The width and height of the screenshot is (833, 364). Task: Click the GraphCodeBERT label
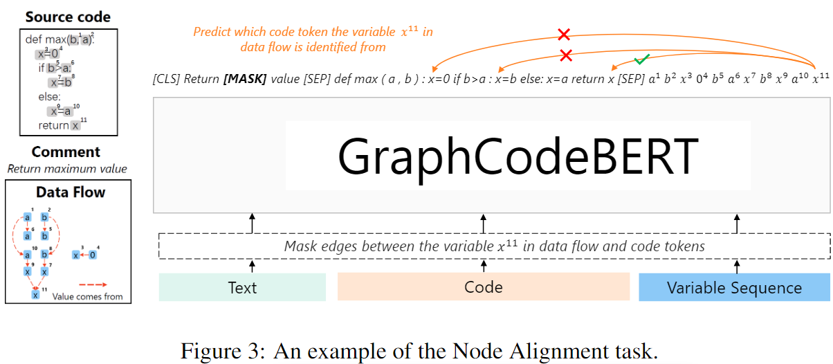[x=518, y=156]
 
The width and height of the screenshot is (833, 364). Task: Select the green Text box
[x=242, y=287]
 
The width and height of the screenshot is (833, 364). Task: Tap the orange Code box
[x=484, y=287]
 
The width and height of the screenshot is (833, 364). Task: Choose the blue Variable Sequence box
[x=734, y=287]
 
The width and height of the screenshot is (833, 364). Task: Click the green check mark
[x=643, y=60]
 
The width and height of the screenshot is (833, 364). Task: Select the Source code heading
[x=68, y=17]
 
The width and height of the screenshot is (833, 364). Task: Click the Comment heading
[x=66, y=152]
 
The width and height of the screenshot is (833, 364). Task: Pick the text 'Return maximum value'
[x=67, y=168]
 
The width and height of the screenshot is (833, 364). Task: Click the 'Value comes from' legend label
[x=88, y=296]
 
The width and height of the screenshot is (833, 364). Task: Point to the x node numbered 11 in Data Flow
[x=35, y=295]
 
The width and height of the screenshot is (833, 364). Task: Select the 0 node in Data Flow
[x=93, y=255]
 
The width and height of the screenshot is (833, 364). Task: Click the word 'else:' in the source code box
[x=50, y=96]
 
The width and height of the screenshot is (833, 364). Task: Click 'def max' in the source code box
[x=45, y=39]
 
